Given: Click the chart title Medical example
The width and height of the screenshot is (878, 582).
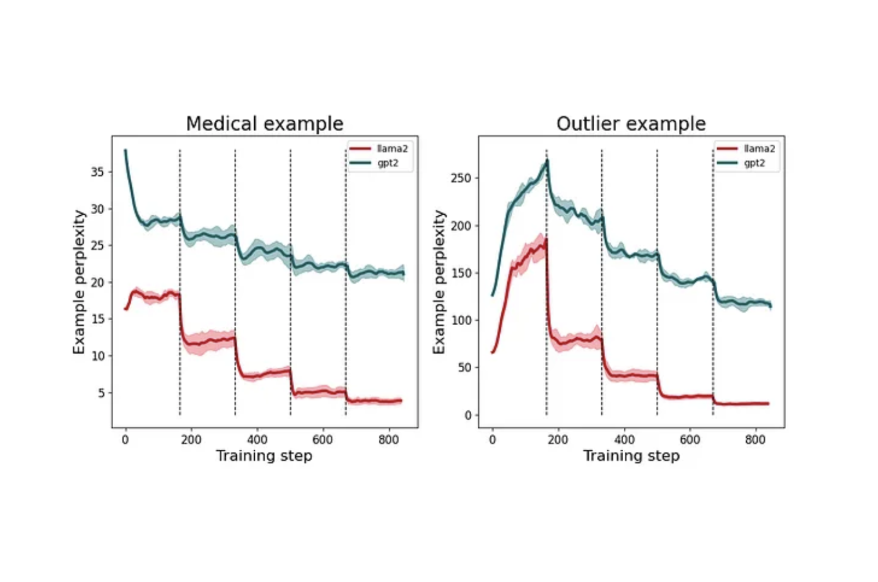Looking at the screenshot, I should pos(265,124).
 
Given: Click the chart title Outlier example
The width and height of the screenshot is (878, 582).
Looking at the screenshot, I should pos(631,124).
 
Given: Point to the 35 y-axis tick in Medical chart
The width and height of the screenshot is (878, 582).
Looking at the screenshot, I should pos(97,172).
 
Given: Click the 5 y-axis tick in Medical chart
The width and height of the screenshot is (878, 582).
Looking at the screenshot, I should pos(101,393).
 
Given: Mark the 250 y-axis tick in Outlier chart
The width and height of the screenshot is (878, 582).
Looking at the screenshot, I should pos(461,178).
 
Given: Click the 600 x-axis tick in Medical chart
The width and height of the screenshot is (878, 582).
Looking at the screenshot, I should pos(322,440).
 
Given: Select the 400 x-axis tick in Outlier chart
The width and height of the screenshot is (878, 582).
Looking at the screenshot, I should pos(624,440).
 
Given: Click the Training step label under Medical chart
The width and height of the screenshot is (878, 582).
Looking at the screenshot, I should pos(264,456).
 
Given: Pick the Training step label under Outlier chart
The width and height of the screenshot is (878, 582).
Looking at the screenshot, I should pos(631,456).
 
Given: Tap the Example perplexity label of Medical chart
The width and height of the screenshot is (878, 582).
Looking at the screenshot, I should pos(79,282).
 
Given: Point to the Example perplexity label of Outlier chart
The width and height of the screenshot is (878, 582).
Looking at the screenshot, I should pos(439,282).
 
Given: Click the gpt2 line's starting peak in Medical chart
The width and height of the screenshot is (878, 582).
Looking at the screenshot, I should pos(125,151).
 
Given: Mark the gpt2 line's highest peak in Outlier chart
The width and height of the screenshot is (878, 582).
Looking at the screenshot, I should pos(547,161).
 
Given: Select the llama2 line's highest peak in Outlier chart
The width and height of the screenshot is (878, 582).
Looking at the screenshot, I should pos(546,240).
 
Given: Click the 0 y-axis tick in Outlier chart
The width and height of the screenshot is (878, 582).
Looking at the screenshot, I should pos(468,415).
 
